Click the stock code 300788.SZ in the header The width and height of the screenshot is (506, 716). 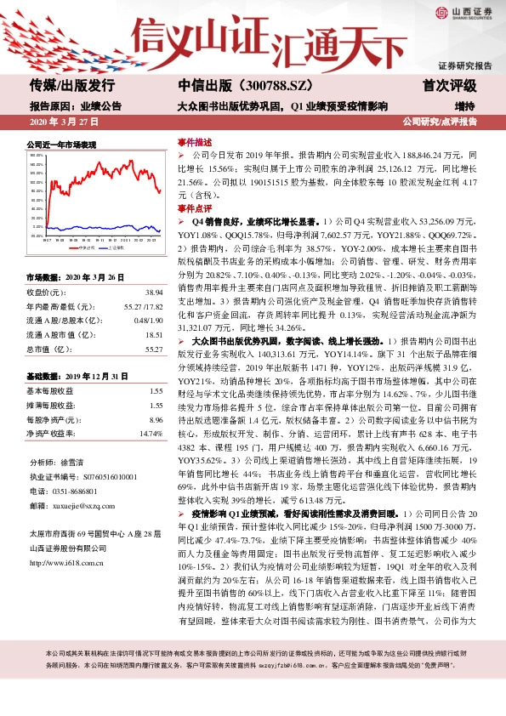tap(253, 85)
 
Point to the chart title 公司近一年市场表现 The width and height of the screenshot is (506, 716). tap(62, 145)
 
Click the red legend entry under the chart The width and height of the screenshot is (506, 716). tap(82, 247)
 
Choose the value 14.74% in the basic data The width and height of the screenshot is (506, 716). tap(150, 434)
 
